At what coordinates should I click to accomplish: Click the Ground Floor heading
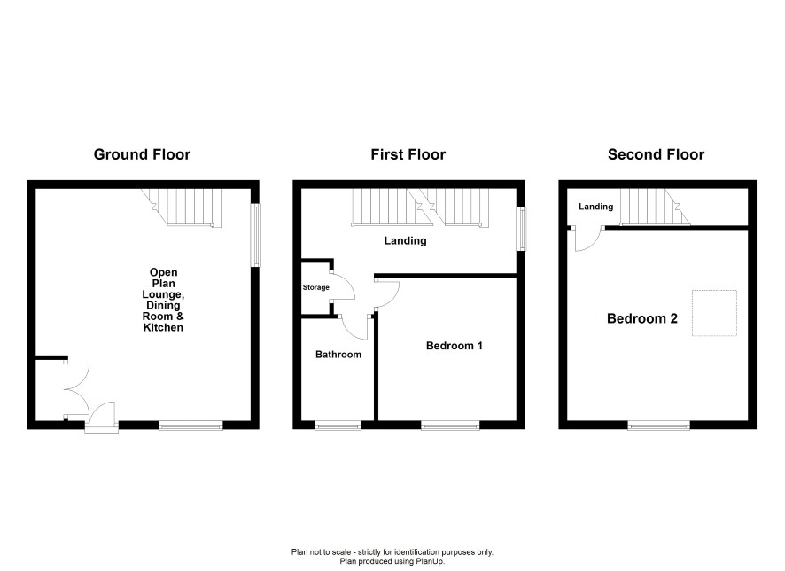click(x=142, y=154)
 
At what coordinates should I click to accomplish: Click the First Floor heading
click(x=408, y=154)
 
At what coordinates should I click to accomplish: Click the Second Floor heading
click(x=656, y=154)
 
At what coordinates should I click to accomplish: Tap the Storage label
click(x=316, y=287)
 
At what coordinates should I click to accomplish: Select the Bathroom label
click(x=338, y=355)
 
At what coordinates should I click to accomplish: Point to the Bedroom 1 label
click(x=455, y=346)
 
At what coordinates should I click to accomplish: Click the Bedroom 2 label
click(x=641, y=318)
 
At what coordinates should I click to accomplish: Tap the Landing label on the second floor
click(x=595, y=207)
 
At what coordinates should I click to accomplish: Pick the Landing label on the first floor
click(x=406, y=241)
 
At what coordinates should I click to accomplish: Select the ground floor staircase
click(x=183, y=207)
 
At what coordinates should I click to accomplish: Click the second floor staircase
click(x=656, y=207)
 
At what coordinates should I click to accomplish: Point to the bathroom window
click(x=338, y=426)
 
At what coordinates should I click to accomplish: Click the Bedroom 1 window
click(x=450, y=426)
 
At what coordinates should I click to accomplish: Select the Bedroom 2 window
click(x=659, y=426)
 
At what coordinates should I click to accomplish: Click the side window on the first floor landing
click(x=521, y=229)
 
